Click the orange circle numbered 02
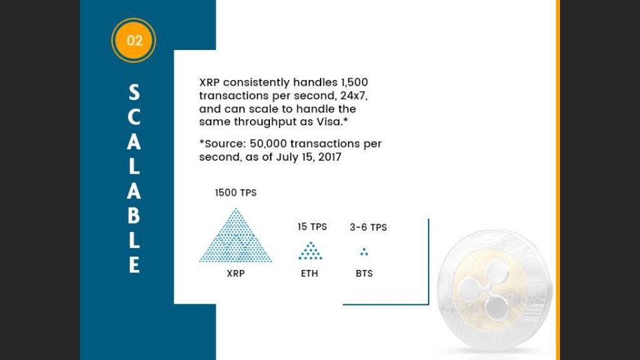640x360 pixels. (x=133, y=41)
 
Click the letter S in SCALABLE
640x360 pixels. (x=134, y=94)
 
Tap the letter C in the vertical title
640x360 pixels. (x=134, y=118)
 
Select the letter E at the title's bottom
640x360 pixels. (x=134, y=265)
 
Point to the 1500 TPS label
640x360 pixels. (x=236, y=193)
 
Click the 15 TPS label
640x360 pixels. (x=312, y=227)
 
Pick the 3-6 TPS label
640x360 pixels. (x=368, y=227)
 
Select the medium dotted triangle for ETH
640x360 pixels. (x=310, y=251)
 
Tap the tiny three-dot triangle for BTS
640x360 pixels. (x=364, y=252)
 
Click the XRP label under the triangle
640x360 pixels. (x=236, y=273)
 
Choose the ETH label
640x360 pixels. (x=309, y=273)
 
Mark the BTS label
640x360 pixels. (x=364, y=273)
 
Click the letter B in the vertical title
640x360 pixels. (x=134, y=216)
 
